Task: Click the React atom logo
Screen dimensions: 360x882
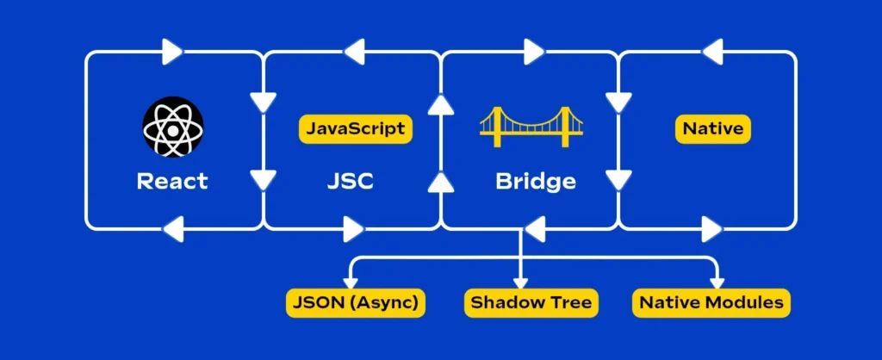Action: pos(172,127)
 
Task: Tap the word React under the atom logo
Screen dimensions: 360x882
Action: pos(172,182)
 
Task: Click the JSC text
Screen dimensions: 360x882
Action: pos(351,182)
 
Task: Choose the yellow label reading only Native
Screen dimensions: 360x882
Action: pos(712,129)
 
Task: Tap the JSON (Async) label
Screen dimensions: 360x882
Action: pos(356,302)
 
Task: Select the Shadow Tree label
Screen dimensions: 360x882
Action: pos(529,302)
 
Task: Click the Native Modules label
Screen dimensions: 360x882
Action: pos(712,302)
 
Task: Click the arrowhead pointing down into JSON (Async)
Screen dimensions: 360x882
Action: pos(350,281)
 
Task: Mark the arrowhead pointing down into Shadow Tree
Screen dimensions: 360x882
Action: pos(520,281)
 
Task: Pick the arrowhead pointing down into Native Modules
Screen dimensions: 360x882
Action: pos(716,281)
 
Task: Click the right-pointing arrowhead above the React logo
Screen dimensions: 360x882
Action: pos(173,53)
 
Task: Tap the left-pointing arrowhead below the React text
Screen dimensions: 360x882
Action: pos(172,229)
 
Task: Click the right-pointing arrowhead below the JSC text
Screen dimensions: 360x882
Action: pos(353,229)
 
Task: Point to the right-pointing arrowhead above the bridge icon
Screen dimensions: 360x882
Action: pos(533,53)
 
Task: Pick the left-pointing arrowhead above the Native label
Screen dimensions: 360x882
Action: pos(713,53)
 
